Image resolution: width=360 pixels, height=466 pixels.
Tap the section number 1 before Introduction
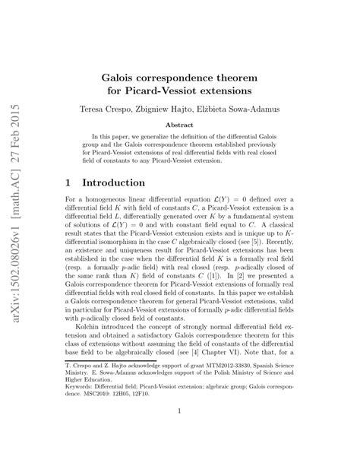coord(69,183)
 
